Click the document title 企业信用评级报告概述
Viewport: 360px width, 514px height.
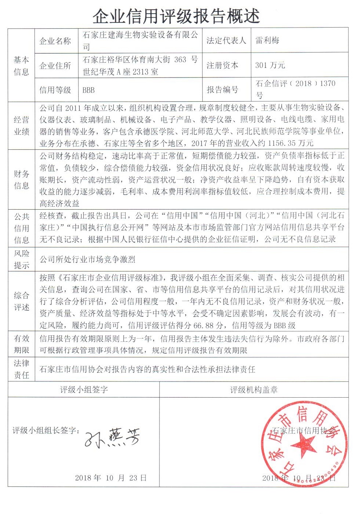click(x=176, y=16)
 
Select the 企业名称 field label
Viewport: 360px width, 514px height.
click(x=55, y=41)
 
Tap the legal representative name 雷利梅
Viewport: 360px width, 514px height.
click(x=267, y=40)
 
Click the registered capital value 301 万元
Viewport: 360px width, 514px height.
click(x=270, y=65)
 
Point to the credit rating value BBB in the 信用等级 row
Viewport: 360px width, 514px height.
click(x=89, y=90)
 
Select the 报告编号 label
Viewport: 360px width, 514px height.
click(x=222, y=90)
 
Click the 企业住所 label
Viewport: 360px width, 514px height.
click(x=55, y=66)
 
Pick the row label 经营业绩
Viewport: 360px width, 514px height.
click(x=21, y=126)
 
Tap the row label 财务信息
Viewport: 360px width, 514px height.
click(x=21, y=180)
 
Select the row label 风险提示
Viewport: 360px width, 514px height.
click(x=21, y=259)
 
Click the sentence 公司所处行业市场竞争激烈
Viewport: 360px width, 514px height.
click(x=87, y=260)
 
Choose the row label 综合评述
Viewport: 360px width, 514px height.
click(x=21, y=301)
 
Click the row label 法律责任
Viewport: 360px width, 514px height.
click(x=21, y=369)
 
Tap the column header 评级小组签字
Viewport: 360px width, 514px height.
click(x=84, y=390)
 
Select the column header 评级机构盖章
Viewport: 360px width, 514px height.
click(x=253, y=390)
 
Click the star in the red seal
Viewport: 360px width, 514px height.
click(x=303, y=445)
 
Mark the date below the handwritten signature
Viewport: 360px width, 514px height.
click(x=111, y=478)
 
